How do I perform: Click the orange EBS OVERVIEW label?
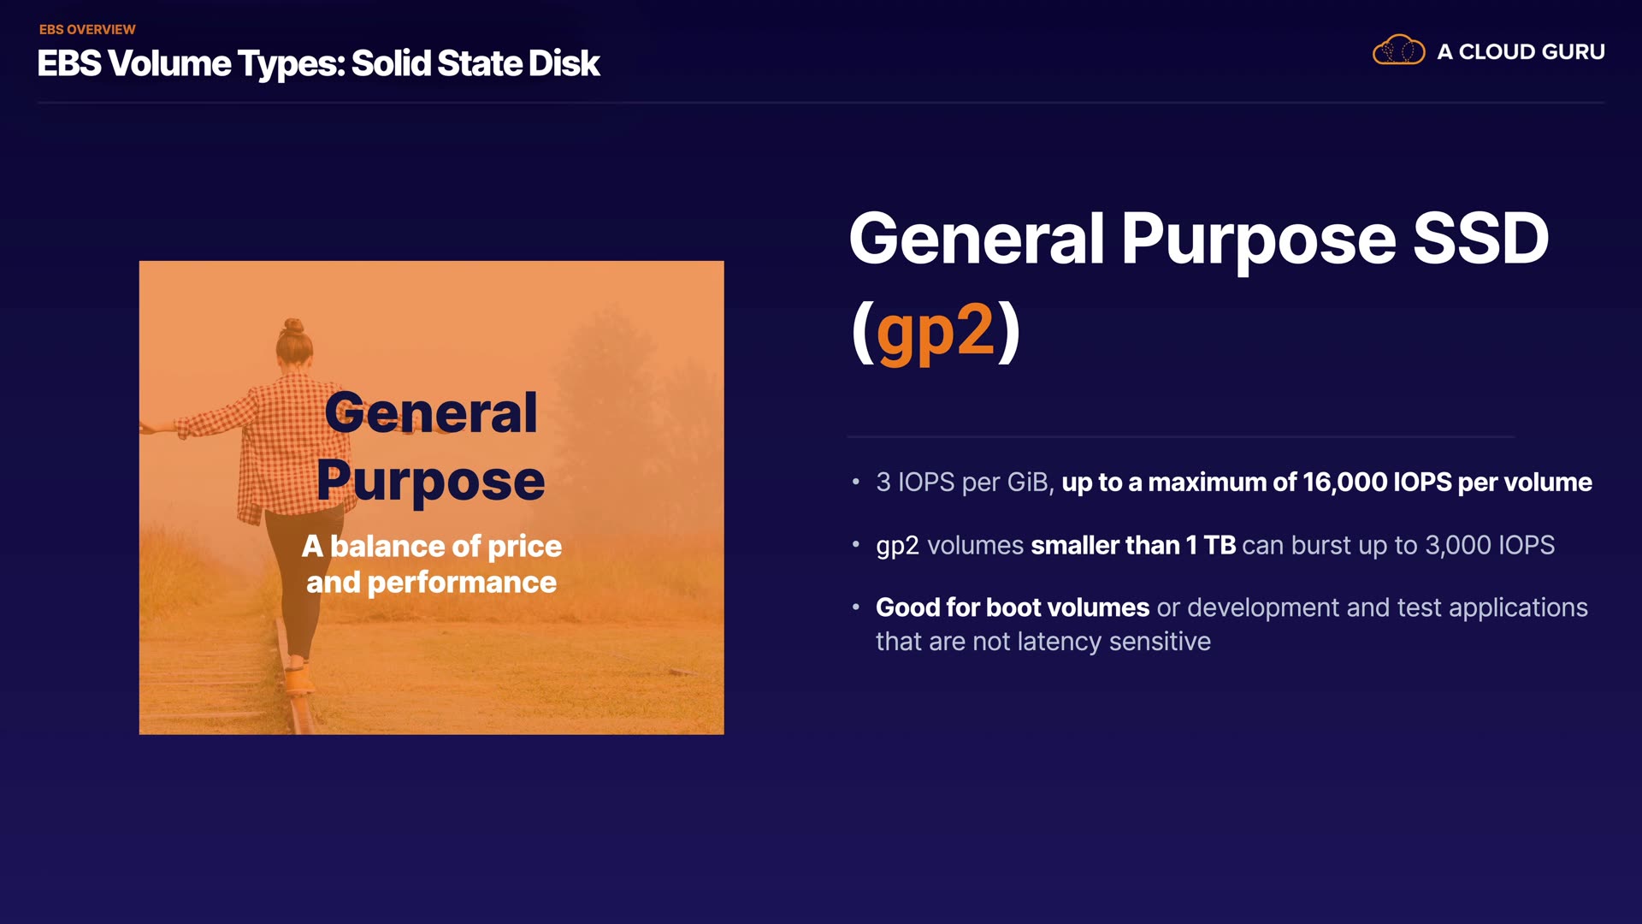[x=87, y=29]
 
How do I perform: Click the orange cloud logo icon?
[x=1398, y=50]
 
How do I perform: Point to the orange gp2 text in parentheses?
[x=936, y=331]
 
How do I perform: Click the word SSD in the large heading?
[x=1480, y=239]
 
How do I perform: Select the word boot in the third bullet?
[x=1013, y=607]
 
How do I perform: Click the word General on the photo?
[x=431, y=413]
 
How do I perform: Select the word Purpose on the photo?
[x=431, y=482]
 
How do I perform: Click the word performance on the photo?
[x=462, y=583]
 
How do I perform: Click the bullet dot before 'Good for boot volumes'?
[x=855, y=607]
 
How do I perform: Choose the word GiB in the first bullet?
[x=1027, y=483]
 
